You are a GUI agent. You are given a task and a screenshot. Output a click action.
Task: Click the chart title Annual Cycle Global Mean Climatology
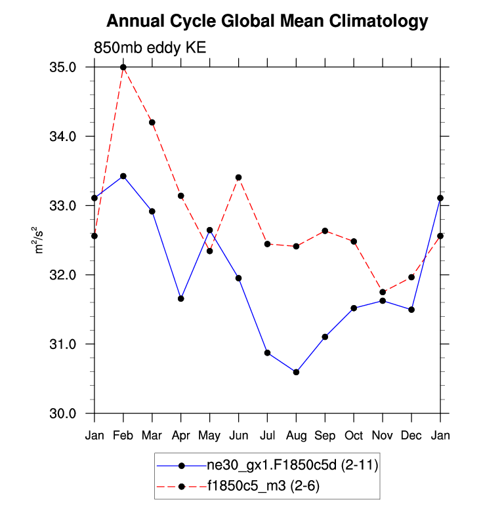click(266, 22)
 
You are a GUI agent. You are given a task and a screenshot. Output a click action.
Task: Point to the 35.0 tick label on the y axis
click(63, 68)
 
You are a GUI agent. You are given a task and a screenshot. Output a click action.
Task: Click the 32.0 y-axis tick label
click(63, 275)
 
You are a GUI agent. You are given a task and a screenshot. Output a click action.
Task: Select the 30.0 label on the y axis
click(63, 413)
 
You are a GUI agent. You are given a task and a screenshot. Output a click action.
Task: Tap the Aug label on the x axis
click(296, 435)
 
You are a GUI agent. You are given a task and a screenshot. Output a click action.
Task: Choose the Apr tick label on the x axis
click(180, 435)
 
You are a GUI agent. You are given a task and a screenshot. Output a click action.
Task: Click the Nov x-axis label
click(383, 435)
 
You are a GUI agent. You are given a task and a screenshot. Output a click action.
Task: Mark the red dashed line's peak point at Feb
click(123, 67)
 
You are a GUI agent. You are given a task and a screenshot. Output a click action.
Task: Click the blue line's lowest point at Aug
click(296, 372)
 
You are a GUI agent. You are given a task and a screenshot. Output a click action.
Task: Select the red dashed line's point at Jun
click(238, 177)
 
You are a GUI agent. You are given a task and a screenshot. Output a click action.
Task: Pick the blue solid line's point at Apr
click(180, 298)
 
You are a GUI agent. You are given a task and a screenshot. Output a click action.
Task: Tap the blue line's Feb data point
click(123, 176)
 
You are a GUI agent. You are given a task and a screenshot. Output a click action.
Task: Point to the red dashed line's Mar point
click(152, 122)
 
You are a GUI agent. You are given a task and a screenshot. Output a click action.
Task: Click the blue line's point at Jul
click(267, 352)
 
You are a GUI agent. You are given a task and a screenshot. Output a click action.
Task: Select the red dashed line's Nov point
click(383, 292)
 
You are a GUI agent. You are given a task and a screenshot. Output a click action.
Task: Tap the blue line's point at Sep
click(325, 337)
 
